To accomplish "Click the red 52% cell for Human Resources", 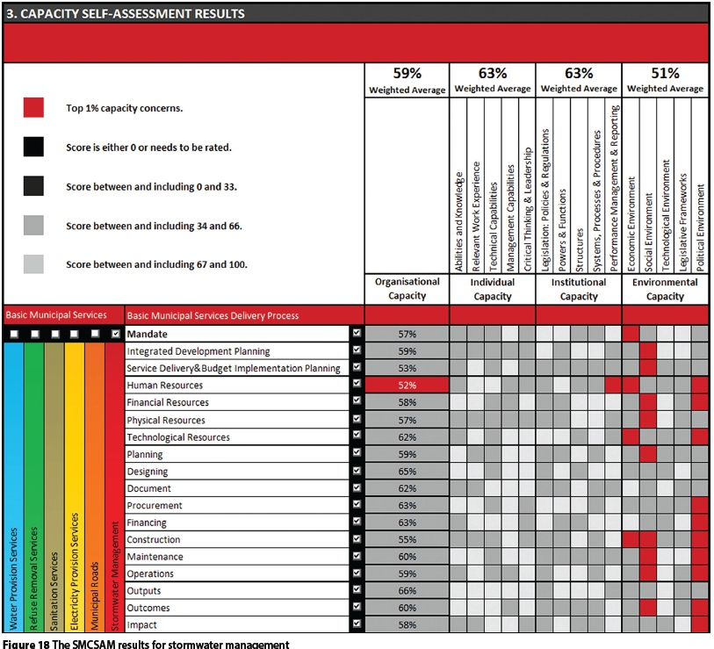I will click(407, 386).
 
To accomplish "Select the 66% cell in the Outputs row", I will click(407, 591).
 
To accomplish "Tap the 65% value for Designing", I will click(407, 472).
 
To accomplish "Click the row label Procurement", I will click(155, 506).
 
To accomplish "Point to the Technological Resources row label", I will click(178, 437).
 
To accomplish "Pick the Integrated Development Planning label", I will click(198, 351).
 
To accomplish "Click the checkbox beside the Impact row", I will click(357, 625).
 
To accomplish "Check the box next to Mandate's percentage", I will click(357, 335).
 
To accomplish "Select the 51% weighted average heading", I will click(665, 74).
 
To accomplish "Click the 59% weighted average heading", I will click(407, 74).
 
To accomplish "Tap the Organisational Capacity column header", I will click(407, 289).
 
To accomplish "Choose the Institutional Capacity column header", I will click(579, 289).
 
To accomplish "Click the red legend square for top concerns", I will click(33, 108).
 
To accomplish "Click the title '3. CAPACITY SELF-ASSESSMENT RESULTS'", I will click(132, 14).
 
